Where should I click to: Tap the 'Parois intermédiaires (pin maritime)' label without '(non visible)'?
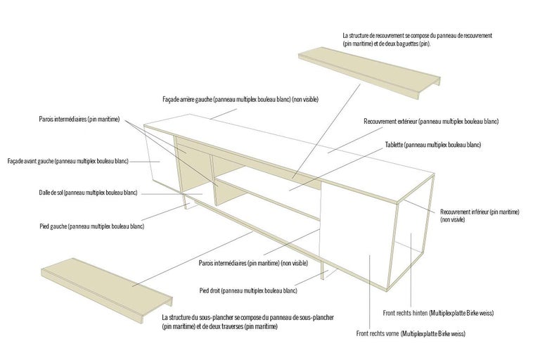(79, 120)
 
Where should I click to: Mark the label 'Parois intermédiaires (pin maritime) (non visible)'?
(253, 263)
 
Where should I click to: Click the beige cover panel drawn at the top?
(369, 73)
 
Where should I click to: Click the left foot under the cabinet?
(187, 201)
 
